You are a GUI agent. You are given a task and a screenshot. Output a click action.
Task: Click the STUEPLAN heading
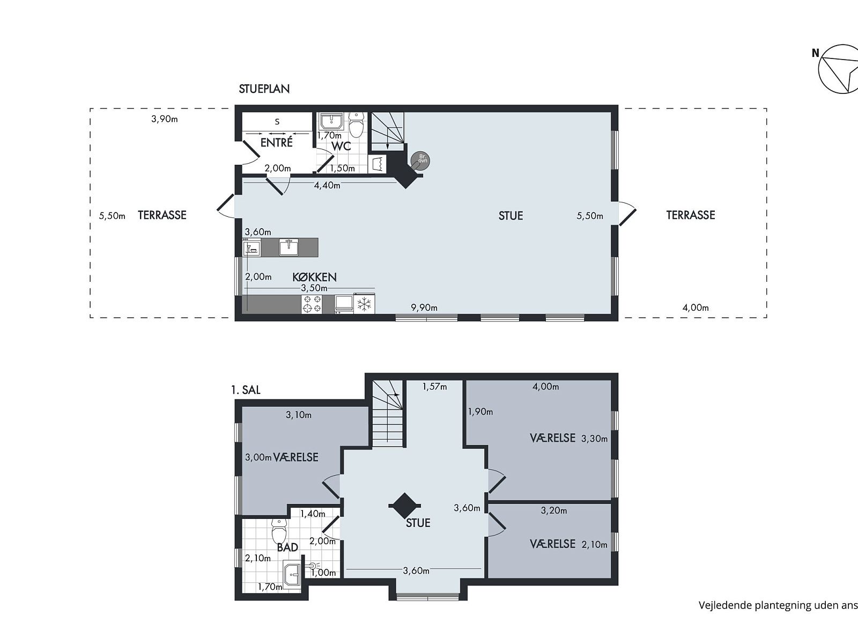[x=264, y=89]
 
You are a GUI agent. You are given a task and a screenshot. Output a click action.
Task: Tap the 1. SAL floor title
[x=246, y=390]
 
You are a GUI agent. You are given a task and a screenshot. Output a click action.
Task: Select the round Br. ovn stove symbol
[x=420, y=160]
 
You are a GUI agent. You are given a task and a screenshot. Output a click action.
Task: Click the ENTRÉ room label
[x=276, y=142]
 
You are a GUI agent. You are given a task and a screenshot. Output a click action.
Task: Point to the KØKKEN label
[x=314, y=277]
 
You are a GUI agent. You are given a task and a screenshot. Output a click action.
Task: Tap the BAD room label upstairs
[x=287, y=547]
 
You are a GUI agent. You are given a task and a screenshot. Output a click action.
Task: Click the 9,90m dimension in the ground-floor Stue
[x=424, y=308]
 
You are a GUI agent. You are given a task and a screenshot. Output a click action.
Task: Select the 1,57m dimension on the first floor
[x=435, y=387]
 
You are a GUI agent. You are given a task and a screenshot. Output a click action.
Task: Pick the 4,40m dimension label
[x=327, y=185]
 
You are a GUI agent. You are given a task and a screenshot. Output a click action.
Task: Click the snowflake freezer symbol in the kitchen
[x=364, y=304]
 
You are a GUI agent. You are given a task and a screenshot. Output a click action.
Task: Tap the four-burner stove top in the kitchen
[x=312, y=304]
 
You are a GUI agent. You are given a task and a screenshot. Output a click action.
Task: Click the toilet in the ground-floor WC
[x=356, y=125]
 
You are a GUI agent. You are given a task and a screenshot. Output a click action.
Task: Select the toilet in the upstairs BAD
[x=279, y=531]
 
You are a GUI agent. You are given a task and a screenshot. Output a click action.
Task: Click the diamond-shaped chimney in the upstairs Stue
[x=404, y=506]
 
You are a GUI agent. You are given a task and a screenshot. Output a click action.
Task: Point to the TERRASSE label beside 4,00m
[x=691, y=215]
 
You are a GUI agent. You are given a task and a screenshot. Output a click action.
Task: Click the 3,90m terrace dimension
[x=165, y=119]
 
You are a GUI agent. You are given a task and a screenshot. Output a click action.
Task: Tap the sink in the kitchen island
[x=289, y=247]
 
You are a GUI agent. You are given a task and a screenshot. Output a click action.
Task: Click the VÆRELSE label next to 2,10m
[x=553, y=544]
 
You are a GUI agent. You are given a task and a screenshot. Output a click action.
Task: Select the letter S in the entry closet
[x=277, y=122]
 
